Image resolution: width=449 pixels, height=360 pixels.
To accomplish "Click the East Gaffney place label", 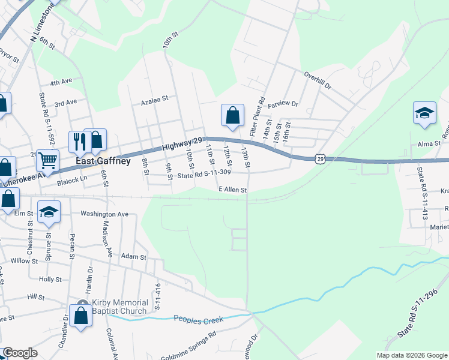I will (x=103, y=161).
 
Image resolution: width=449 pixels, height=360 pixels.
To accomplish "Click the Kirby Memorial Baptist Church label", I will (x=120, y=307).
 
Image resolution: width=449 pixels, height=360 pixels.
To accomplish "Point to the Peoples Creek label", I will (x=197, y=319).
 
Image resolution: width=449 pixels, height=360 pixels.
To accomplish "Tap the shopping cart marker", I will (x=47, y=160).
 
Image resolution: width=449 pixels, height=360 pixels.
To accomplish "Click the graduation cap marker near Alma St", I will (x=424, y=113).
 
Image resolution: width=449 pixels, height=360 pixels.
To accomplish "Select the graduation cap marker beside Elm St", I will (x=49, y=212).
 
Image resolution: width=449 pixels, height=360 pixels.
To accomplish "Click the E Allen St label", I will (x=233, y=190).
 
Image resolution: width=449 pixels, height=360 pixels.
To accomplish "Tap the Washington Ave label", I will (x=104, y=214).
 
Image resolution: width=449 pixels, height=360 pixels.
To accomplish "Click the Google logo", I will (x=20, y=353).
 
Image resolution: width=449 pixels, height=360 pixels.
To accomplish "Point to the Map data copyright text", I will (x=412, y=355).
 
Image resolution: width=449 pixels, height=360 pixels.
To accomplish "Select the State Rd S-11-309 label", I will (x=204, y=175).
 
